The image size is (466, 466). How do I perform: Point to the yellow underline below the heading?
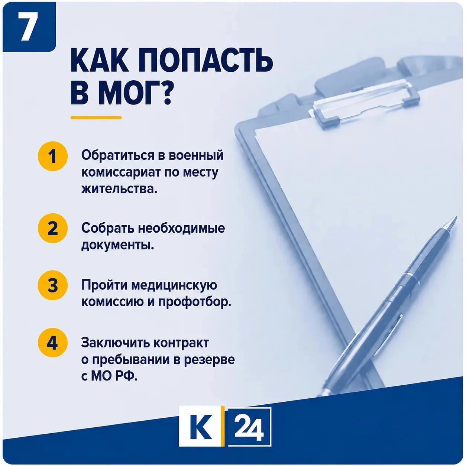(x=96, y=118)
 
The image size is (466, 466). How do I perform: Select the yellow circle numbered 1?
(x=52, y=156)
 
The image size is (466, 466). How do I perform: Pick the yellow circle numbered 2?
(x=52, y=228)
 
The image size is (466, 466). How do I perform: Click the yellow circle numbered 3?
(x=52, y=285)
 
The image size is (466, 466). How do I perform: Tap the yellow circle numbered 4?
(x=52, y=342)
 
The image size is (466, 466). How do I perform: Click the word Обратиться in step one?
(x=117, y=155)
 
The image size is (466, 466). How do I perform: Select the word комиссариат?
(x=120, y=173)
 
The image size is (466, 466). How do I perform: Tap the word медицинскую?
(x=174, y=286)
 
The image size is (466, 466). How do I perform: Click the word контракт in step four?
(x=181, y=343)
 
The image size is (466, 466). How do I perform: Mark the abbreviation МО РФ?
(x=114, y=376)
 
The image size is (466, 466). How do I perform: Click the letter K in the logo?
(x=200, y=429)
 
